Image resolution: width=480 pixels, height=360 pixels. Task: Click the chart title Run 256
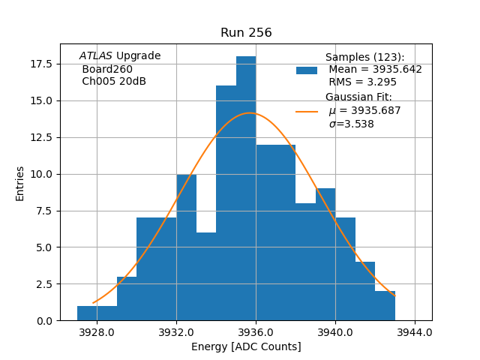246,33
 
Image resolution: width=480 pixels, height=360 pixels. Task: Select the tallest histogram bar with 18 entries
246,187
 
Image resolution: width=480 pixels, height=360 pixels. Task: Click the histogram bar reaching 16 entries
226,202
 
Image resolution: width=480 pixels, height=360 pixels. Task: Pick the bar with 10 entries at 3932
186,247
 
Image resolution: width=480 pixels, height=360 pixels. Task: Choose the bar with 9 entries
325,254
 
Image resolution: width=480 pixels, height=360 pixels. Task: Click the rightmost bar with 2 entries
385,306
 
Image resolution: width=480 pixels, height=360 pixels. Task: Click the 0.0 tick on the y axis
46,321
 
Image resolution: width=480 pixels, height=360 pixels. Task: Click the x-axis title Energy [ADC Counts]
246,346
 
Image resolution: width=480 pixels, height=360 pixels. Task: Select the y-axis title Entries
20,183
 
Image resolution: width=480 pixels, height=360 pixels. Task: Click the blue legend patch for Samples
307,70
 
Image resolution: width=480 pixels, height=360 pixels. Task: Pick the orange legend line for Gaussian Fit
307,111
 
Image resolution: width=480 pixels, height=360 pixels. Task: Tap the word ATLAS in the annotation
95,56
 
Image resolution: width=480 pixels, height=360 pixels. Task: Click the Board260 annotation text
107,69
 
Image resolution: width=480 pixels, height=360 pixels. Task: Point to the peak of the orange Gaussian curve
250,113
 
